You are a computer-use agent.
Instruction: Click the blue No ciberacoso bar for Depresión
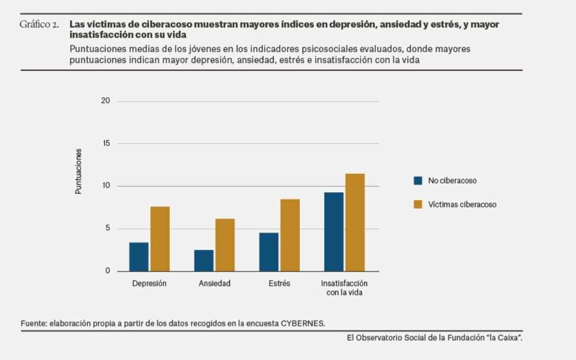pyautogui.click(x=139, y=257)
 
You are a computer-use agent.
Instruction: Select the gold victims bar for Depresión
pyautogui.click(x=160, y=239)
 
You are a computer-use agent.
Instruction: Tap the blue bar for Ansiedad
pyautogui.click(x=204, y=261)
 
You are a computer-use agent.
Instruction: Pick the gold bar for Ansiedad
pyautogui.click(x=225, y=245)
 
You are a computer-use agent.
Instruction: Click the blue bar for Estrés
pyautogui.click(x=269, y=252)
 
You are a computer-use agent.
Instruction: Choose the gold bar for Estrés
pyautogui.click(x=290, y=235)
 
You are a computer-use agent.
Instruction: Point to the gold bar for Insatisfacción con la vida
pyautogui.click(x=355, y=222)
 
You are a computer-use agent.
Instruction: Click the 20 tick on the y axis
pyautogui.click(x=106, y=101)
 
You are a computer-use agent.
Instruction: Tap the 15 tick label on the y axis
pyautogui.click(x=106, y=143)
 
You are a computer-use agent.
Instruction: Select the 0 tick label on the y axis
pyautogui.click(x=108, y=271)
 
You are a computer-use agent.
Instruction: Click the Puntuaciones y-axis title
pyautogui.click(x=79, y=171)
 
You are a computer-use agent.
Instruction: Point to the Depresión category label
pyautogui.click(x=149, y=283)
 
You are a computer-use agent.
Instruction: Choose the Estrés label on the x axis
pyautogui.click(x=279, y=283)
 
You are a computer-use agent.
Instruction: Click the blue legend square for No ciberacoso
pyautogui.click(x=418, y=181)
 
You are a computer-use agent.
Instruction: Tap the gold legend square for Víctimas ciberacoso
pyautogui.click(x=418, y=204)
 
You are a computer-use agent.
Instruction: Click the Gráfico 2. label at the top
pyautogui.click(x=39, y=24)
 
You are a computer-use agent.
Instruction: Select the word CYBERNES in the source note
pyautogui.click(x=303, y=323)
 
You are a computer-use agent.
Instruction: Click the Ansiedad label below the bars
pyautogui.click(x=214, y=283)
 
